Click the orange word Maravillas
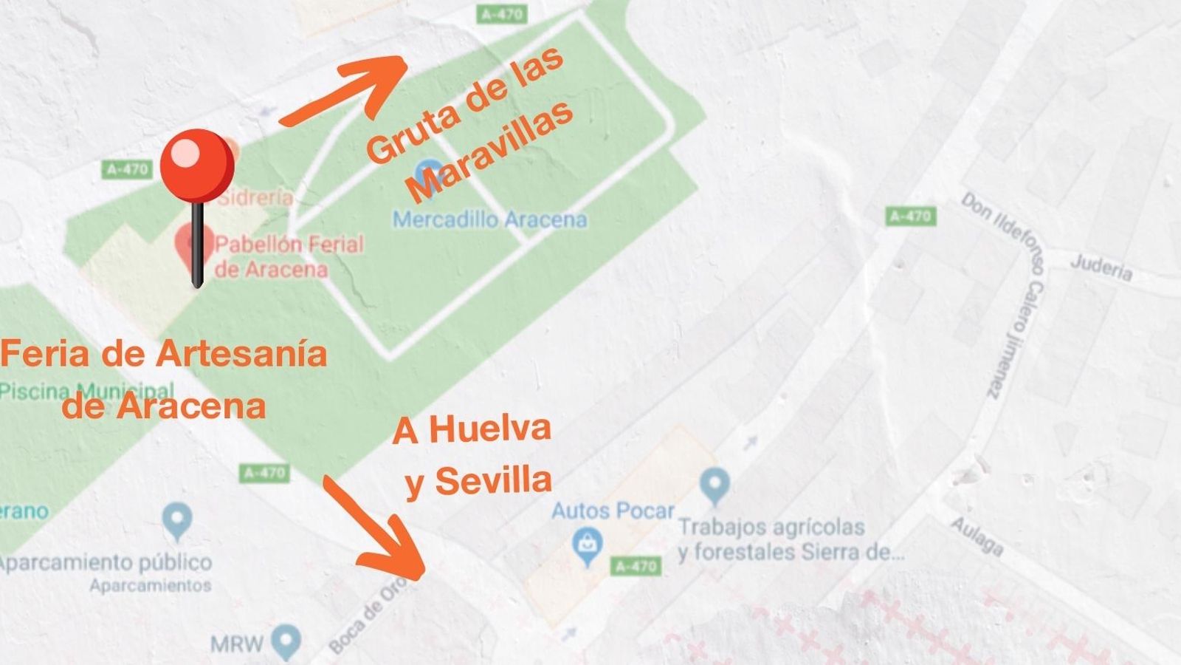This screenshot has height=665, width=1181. point(491,151)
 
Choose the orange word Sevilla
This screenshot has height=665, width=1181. point(493,481)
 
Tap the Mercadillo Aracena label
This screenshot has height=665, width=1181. point(490,219)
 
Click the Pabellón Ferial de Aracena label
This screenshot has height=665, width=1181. point(289,256)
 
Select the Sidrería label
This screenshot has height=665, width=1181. point(255,197)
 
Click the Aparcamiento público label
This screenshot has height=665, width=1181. point(106,562)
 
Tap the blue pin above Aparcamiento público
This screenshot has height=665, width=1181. point(177,520)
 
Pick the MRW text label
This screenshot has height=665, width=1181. point(236,644)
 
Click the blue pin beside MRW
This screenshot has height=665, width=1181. point(286,641)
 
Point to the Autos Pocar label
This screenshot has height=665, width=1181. point(613,511)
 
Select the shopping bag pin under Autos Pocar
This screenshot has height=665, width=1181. point(588,548)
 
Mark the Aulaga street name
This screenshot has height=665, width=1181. point(977,536)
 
